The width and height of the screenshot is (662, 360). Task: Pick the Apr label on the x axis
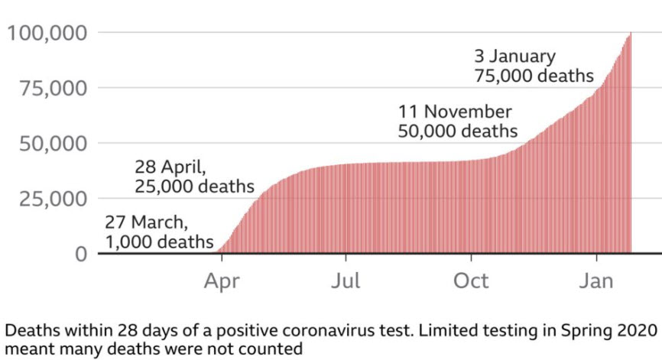221,281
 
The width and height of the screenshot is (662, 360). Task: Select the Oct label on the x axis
471,281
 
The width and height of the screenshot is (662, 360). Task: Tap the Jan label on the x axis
595,281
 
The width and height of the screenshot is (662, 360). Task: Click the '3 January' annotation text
514,57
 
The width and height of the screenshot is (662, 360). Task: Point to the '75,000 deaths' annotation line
534,76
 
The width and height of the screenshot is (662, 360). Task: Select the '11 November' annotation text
455,112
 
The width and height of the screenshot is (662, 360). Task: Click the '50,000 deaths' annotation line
457,131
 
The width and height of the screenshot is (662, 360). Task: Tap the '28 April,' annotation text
170,167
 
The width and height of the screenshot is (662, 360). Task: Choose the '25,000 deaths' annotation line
194,186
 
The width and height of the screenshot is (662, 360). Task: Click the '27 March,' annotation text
144,222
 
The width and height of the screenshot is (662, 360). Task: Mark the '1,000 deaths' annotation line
158,242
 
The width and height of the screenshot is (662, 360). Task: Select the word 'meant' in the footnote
25,349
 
